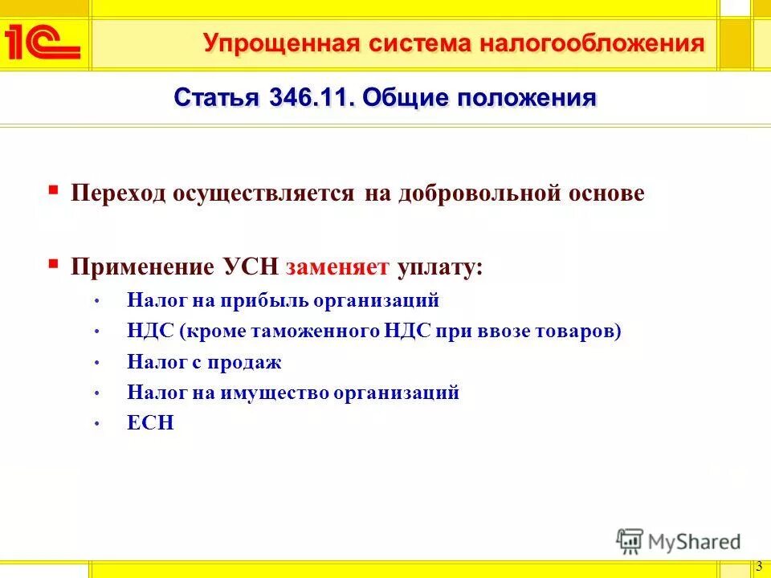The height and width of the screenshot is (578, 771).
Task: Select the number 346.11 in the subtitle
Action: coord(310,99)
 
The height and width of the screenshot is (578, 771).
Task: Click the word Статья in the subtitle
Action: coord(216,99)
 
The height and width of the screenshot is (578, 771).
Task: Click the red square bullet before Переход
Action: coord(53,191)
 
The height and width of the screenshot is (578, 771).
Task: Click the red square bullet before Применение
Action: coord(53,263)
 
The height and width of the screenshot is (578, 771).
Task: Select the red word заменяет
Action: coord(337,266)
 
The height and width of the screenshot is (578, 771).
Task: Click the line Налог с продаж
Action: coord(204,362)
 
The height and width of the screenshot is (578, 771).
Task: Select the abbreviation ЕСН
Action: coord(150,423)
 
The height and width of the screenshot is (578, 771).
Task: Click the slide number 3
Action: coord(759,566)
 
